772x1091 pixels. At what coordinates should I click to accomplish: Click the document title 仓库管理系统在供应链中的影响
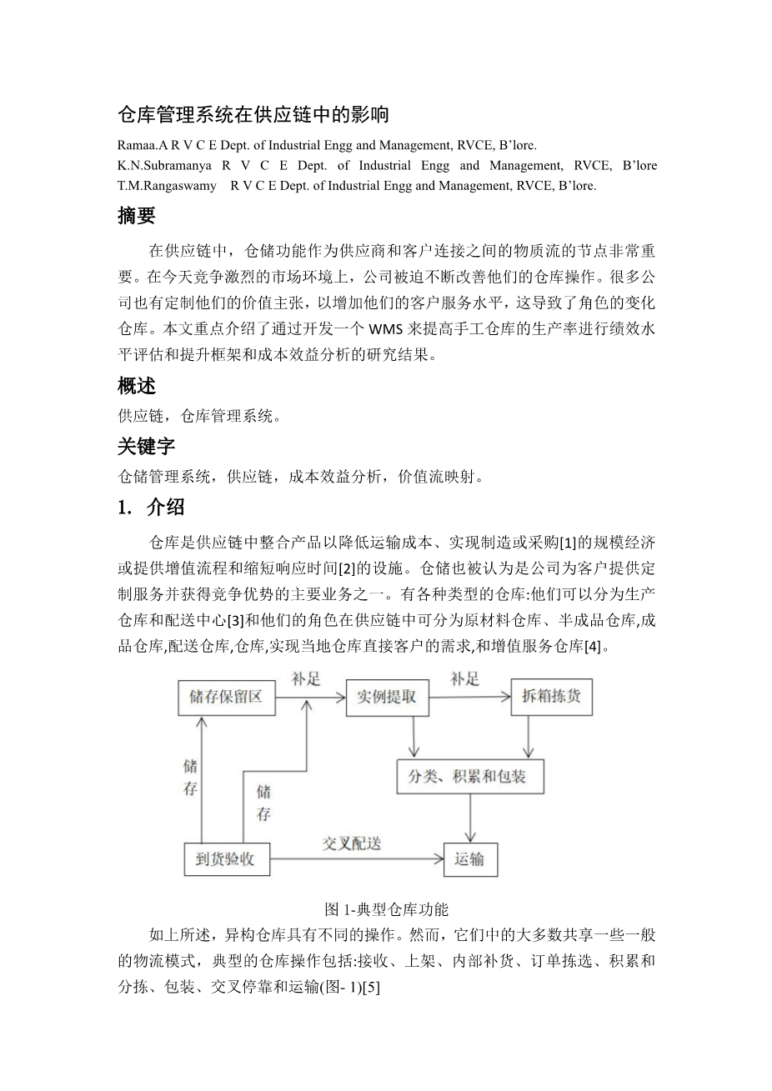[x=253, y=113]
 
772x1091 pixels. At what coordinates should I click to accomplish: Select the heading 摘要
[x=137, y=217]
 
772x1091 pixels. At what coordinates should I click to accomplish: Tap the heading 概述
[x=137, y=387]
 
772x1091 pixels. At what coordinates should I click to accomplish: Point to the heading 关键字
[x=147, y=447]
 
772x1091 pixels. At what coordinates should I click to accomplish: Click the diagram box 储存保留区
[x=226, y=697]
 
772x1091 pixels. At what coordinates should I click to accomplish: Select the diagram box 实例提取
[x=387, y=697]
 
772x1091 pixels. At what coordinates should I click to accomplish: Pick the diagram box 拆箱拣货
[x=551, y=697]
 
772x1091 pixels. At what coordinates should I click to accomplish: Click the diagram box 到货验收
[x=226, y=859]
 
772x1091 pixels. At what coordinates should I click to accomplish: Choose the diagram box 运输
[x=469, y=859]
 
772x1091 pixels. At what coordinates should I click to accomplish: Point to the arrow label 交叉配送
[x=352, y=843]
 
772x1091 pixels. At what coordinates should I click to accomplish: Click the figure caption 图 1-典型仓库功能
[x=386, y=908]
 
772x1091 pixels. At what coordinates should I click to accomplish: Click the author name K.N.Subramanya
[x=163, y=165]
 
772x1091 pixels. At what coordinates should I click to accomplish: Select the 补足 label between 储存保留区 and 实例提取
[x=306, y=678]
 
